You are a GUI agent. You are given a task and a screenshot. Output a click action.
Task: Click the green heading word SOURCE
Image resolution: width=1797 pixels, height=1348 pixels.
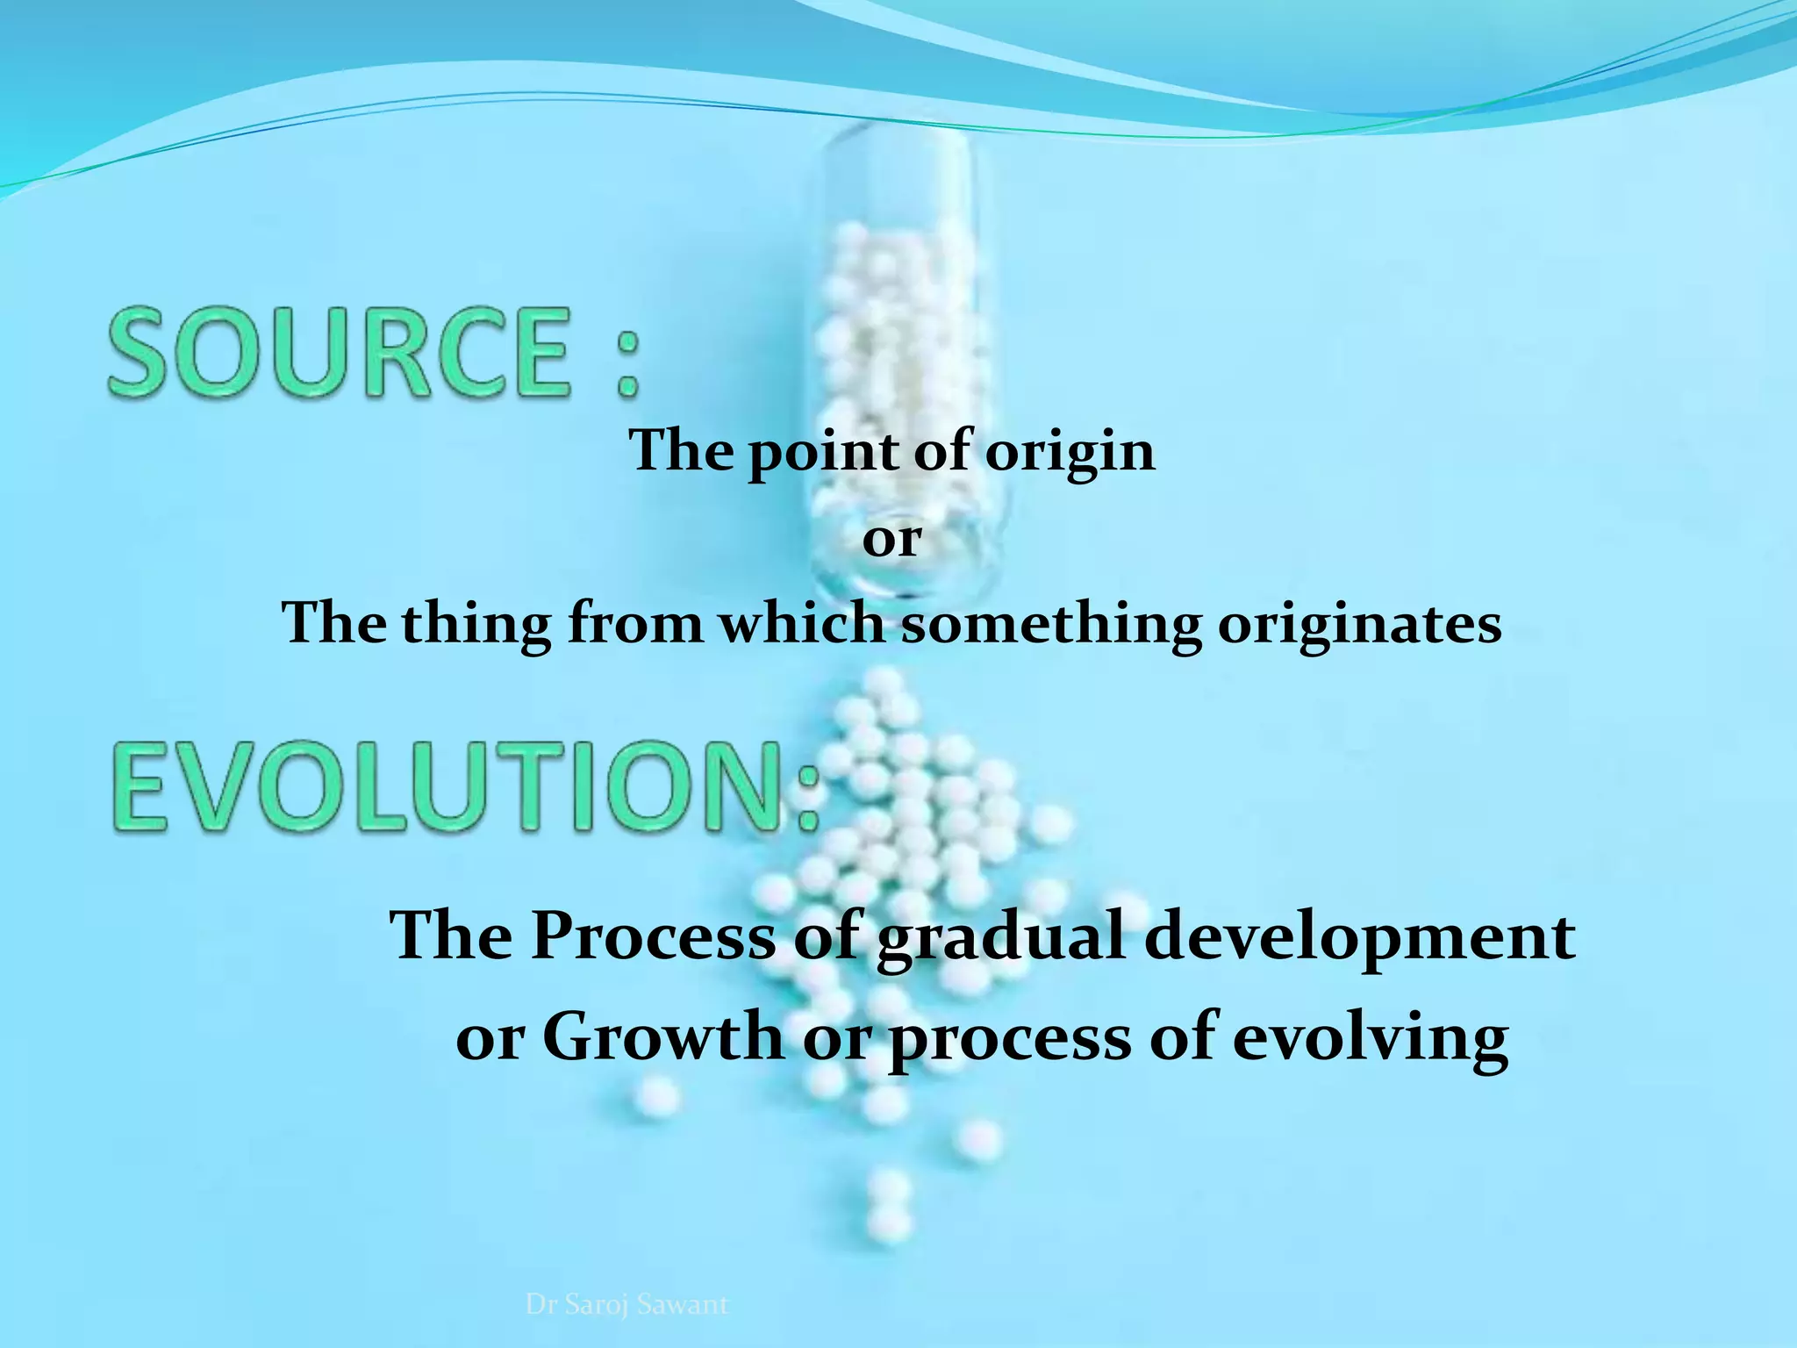[x=338, y=351]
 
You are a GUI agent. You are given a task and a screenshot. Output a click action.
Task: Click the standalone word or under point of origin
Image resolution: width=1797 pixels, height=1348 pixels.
[x=891, y=539]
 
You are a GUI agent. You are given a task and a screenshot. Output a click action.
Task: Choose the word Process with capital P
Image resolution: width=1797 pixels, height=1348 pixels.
[x=654, y=936]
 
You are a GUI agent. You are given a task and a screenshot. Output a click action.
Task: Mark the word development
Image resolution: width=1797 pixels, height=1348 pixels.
[x=1359, y=936]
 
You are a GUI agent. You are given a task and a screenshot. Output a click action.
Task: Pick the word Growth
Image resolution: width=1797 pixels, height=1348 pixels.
[x=662, y=1037]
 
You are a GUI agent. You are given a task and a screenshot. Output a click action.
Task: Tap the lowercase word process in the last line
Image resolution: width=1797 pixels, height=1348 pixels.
[x=1010, y=1037]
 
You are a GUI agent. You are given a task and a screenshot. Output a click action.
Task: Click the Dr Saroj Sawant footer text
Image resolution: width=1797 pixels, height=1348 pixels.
[x=626, y=1304]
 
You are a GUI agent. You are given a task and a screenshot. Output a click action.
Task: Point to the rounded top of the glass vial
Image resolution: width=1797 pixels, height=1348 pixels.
[x=895, y=140]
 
